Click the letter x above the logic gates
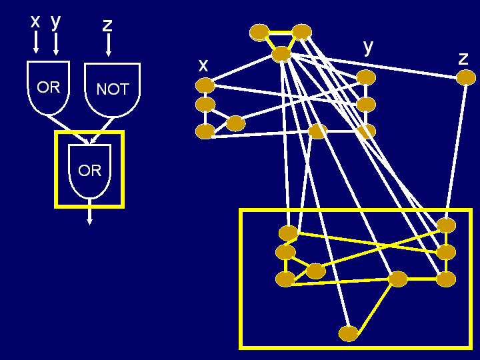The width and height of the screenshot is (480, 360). click(x=35, y=21)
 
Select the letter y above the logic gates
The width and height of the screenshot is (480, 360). click(x=55, y=21)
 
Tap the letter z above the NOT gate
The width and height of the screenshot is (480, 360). click(x=107, y=25)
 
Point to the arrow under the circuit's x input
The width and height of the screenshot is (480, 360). click(x=36, y=43)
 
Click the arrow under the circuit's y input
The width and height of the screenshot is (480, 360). click(x=56, y=44)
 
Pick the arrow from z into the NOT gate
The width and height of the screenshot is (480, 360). click(x=108, y=45)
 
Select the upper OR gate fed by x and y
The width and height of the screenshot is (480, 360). click(x=48, y=87)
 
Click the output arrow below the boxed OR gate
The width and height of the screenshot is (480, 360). click(x=90, y=215)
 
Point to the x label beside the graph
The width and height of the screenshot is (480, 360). click(x=203, y=65)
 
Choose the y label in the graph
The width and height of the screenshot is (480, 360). click(x=368, y=47)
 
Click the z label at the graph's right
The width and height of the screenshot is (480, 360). click(x=463, y=58)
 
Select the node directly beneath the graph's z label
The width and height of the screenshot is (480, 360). click(x=465, y=78)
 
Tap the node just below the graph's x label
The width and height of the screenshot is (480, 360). click(x=205, y=85)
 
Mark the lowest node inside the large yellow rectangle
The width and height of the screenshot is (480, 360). click(x=348, y=333)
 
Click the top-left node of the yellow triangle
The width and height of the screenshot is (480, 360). click(x=259, y=32)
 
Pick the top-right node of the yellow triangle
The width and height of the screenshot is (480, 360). click(x=301, y=31)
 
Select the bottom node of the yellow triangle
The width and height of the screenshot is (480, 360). click(x=281, y=54)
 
